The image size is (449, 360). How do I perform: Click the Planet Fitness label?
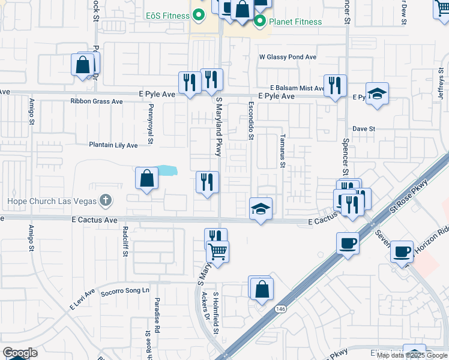pos(295,22)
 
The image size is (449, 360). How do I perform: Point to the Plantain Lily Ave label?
pos(113,145)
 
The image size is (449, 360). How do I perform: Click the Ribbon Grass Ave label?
pos(96,101)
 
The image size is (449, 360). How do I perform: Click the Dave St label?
pos(364,128)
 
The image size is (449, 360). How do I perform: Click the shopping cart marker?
pos(217,251)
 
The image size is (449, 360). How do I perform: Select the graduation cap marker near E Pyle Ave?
pos(377,94)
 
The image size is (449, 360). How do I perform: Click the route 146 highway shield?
pos(280,308)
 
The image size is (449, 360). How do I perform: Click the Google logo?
pos(19,353)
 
